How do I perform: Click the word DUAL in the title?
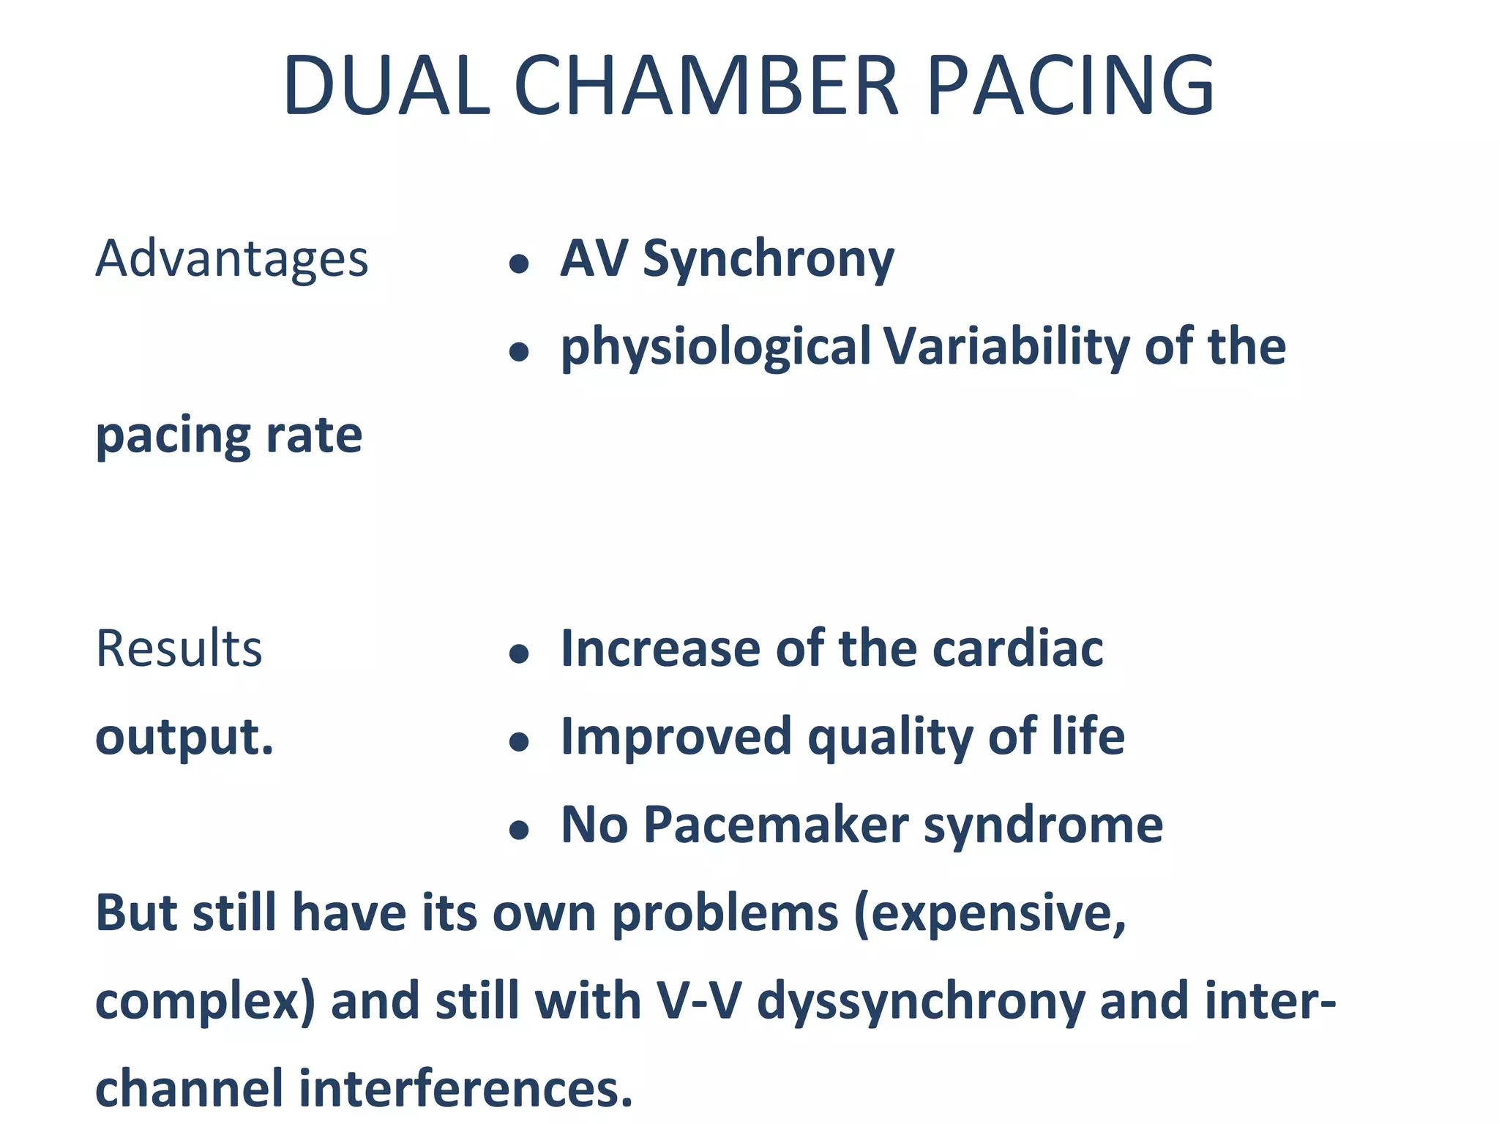(386, 86)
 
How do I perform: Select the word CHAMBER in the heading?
(706, 86)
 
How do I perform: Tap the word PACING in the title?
(1070, 86)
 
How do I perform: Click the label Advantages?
(231, 259)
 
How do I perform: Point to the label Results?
(179, 649)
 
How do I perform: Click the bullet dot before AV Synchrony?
(519, 263)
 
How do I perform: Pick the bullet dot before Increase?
(519, 653)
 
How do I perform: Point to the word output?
(184, 737)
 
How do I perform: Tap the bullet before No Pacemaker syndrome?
(519, 830)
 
